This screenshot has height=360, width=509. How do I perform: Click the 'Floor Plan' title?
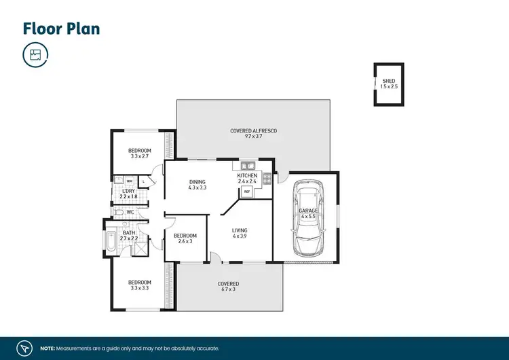[x=61, y=29]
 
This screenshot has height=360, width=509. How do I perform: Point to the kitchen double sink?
[x=248, y=165]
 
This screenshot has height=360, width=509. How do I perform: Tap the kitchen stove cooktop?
[x=267, y=179]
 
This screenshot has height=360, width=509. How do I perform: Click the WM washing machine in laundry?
[x=129, y=181]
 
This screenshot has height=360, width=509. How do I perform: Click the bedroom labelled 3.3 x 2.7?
[x=140, y=154]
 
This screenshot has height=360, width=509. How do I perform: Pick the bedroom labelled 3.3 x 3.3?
[x=140, y=285]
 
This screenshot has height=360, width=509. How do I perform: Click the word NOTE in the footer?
[x=48, y=347]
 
